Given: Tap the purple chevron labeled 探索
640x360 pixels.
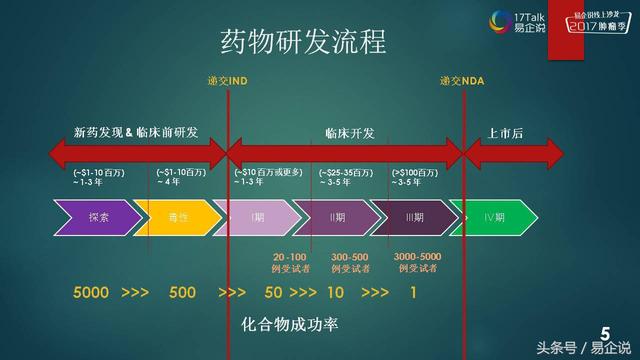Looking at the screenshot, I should pos(98,217).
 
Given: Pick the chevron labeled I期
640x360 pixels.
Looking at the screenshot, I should pos(258,217).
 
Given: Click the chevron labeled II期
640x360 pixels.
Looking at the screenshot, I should pos(336,217).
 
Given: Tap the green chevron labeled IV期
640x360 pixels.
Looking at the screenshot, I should pos(492,217).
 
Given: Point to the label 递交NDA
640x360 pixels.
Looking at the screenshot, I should pos(461,80).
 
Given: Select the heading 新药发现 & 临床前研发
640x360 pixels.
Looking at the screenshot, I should pos(136,132).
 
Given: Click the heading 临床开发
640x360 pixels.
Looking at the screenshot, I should pos(350,132).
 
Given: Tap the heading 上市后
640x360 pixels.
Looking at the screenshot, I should pos(505,132).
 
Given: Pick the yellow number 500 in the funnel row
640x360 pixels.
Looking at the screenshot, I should pos(182,293).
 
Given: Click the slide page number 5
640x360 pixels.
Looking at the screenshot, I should pos(605,334).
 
